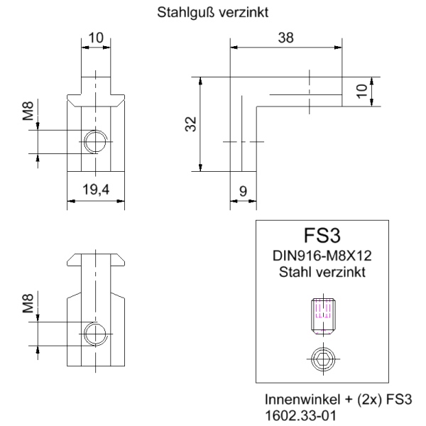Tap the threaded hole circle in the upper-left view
click(94, 141)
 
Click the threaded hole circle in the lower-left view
click(94, 333)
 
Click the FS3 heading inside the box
click(323, 236)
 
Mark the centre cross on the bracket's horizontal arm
click(310, 92)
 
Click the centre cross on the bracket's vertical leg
click(242, 141)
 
